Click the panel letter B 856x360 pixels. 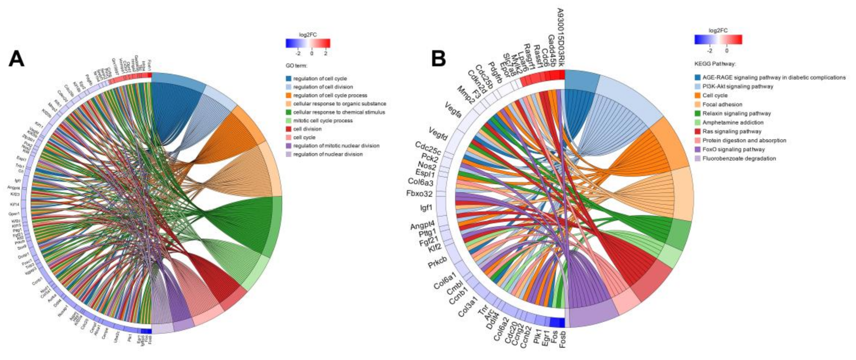click(x=438, y=59)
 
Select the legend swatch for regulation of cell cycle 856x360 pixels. click(x=289, y=78)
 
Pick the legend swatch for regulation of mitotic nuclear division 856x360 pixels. click(x=289, y=146)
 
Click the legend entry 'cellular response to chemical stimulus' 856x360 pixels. click(x=339, y=112)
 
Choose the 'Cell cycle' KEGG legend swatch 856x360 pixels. click(x=698, y=95)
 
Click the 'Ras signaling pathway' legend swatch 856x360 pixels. click(x=698, y=131)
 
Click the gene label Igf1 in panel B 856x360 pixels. click(x=426, y=208)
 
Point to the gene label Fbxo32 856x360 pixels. click(x=419, y=193)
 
